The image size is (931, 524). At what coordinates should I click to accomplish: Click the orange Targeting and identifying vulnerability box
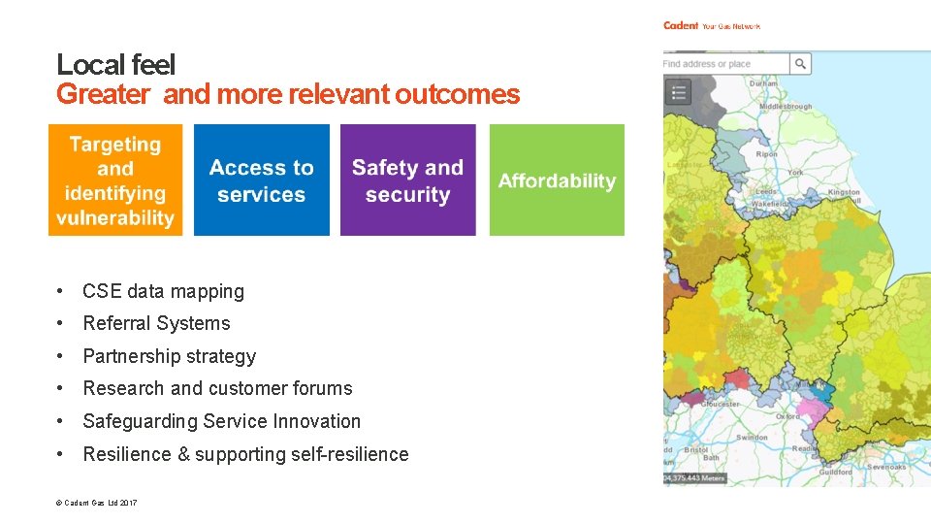115,180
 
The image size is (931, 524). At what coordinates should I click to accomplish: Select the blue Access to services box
261,180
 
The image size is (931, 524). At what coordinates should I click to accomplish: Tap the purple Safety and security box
407,180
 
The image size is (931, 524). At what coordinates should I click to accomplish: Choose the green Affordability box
557,180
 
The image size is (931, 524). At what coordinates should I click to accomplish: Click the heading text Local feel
115,65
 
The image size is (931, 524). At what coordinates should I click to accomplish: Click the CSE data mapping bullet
163,291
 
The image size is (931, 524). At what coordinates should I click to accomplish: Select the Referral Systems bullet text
156,323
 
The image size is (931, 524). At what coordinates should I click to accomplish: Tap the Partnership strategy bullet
169,356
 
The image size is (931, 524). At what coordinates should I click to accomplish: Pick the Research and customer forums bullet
217,388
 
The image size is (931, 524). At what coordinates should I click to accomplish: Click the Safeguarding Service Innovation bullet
221,421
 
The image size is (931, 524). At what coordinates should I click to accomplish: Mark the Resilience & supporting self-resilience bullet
245,454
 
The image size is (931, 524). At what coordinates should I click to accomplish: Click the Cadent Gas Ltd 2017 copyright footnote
97,503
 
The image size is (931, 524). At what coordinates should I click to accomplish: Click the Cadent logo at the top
681,25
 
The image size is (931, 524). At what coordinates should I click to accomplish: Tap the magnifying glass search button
800,64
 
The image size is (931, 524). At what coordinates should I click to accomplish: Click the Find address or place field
724,64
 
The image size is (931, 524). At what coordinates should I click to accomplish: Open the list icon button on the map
678,92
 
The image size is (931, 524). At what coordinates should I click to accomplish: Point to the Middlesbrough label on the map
786,107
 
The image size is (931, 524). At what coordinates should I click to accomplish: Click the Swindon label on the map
752,438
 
